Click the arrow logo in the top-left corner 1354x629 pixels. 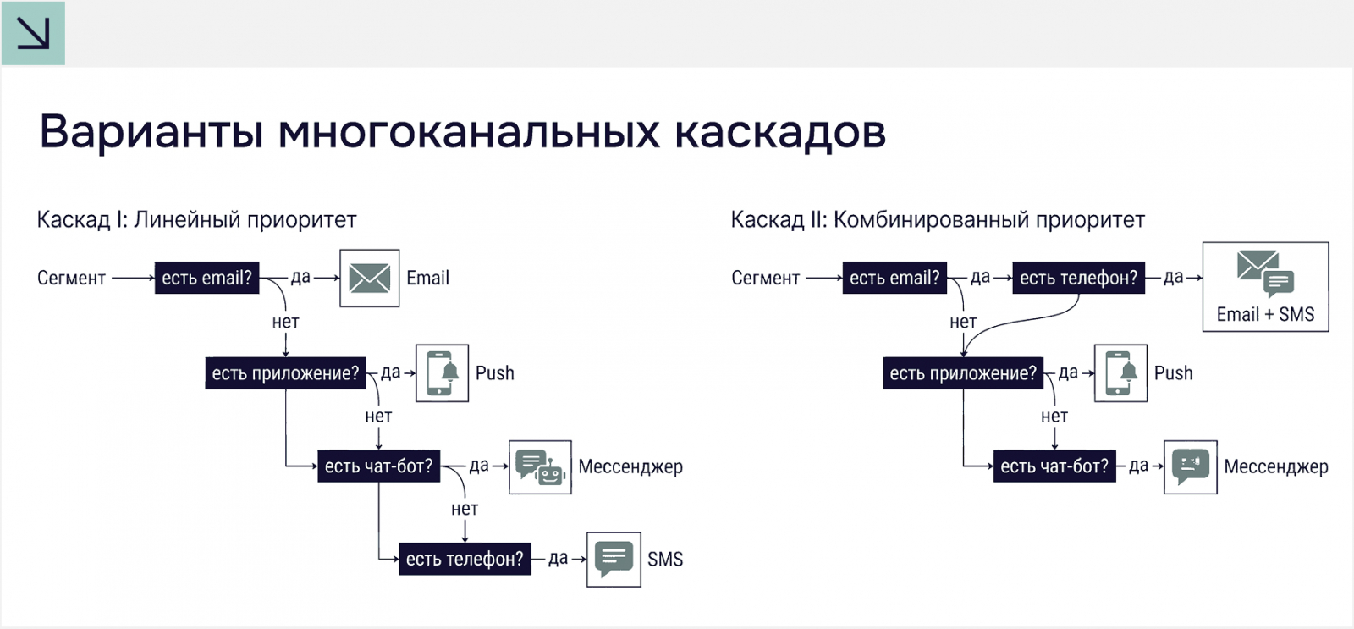tap(33, 33)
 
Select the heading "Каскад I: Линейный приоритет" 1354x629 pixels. tap(196, 220)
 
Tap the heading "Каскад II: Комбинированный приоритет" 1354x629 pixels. tap(937, 220)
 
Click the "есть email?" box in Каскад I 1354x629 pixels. tap(206, 278)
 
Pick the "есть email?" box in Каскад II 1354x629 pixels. tap(894, 278)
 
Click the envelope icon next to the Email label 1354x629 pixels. tap(369, 278)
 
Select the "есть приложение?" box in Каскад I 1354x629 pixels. tap(285, 373)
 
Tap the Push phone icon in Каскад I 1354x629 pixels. tap(442, 373)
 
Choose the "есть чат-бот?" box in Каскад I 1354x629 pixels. tap(378, 466)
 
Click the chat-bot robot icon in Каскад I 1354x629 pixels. tap(540, 466)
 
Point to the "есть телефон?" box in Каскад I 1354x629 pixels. tap(465, 560)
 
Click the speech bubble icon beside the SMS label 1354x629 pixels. tap(614, 560)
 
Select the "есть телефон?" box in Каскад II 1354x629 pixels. tap(1078, 278)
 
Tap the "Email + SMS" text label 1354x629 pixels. tap(1265, 315)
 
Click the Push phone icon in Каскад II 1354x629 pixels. tap(1120, 373)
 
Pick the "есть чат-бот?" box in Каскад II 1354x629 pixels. tap(1054, 466)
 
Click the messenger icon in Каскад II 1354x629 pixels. tap(1190, 466)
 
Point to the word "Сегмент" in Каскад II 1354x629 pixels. tap(765, 278)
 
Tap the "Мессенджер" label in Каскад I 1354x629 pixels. tap(630, 466)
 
